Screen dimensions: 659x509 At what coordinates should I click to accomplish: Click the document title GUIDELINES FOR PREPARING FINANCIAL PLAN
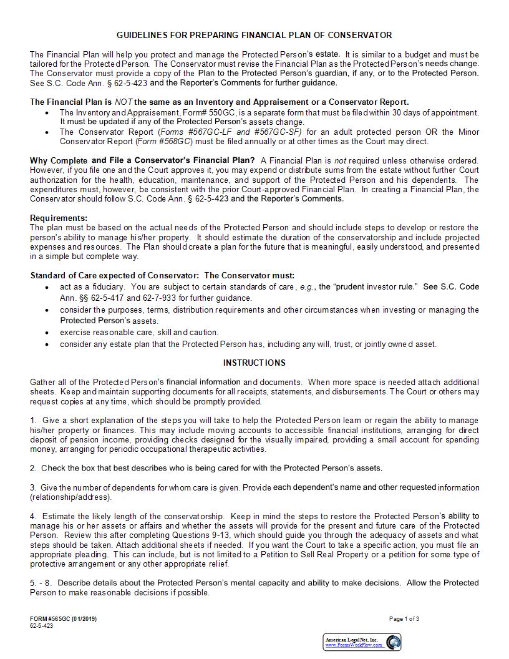(x=254, y=36)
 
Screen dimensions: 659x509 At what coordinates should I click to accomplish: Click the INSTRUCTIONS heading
(x=254, y=363)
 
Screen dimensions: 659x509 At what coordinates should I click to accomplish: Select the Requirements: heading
(x=59, y=218)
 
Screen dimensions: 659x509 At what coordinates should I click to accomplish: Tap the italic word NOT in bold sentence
(x=123, y=102)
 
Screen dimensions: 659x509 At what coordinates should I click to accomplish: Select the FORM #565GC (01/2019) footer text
(x=63, y=619)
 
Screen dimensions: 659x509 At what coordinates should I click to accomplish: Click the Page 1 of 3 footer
(x=404, y=619)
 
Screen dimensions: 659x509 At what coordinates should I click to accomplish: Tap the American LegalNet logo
(x=362, y=642)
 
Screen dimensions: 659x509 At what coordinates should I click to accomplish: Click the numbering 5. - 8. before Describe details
(x=41, y=583)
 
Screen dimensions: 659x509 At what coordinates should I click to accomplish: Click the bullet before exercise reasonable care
(x=47, y=333)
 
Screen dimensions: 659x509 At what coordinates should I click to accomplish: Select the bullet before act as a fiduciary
(x=47, y=287)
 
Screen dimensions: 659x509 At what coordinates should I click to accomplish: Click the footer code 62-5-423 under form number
(x=41, y=626)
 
